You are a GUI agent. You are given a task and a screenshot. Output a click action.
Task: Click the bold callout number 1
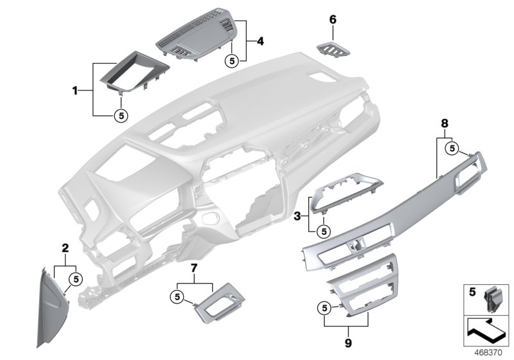(75, 91)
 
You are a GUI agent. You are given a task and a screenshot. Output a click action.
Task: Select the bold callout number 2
(64, 248)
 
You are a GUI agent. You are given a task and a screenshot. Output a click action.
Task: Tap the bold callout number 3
(297, 217)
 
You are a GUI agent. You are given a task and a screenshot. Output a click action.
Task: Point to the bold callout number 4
(260, 41)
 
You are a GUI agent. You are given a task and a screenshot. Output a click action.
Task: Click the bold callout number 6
(333, 20)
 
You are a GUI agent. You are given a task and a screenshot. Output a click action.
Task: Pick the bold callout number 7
(194, 265)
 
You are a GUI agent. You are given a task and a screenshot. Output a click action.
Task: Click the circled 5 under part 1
(120, 116)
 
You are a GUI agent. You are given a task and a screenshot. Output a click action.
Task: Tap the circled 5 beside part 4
(233, 60)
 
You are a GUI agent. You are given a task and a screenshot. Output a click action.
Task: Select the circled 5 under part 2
(75, 278)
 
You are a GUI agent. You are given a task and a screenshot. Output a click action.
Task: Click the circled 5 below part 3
(324, 230)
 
